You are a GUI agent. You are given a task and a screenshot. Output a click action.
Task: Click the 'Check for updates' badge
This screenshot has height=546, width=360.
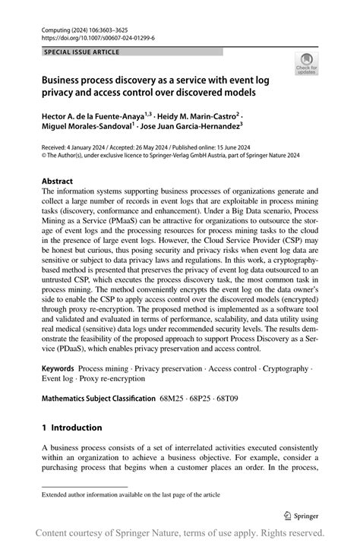[307, 64]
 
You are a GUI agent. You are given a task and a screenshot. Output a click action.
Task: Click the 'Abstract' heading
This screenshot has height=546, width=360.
[57, 181]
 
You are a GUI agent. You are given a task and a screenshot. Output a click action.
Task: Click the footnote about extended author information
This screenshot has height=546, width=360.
[131, 494]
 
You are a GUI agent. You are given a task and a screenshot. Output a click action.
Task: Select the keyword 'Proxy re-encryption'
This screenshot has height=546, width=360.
[108, 379]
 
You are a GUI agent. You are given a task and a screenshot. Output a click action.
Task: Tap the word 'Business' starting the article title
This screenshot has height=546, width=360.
[66, 79]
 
